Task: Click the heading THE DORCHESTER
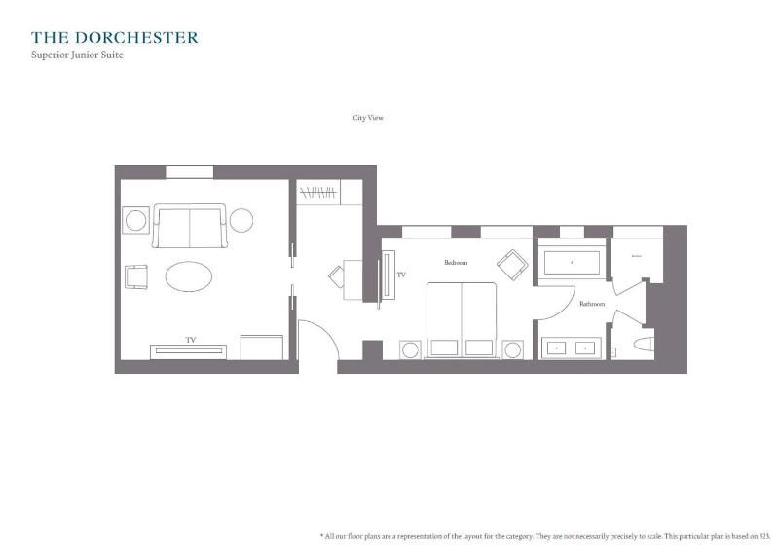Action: point(114,38)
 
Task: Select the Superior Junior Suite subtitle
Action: point(77,55)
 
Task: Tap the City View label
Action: point(368,118)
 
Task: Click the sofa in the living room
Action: point(189,226)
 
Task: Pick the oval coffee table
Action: point(189,276)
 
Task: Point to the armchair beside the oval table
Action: point(136,277)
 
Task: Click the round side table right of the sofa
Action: point(241,220)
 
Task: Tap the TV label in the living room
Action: point(191,340)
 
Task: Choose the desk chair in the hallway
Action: point(336,276)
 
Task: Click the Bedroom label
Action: point(456,263)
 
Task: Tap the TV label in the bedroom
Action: point(401,275)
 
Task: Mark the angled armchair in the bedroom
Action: point(510,263)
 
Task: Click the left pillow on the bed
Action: point(444,347)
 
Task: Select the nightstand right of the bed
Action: point(512,349)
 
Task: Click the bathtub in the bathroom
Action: point(572,262)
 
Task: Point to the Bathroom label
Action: point(592,304)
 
